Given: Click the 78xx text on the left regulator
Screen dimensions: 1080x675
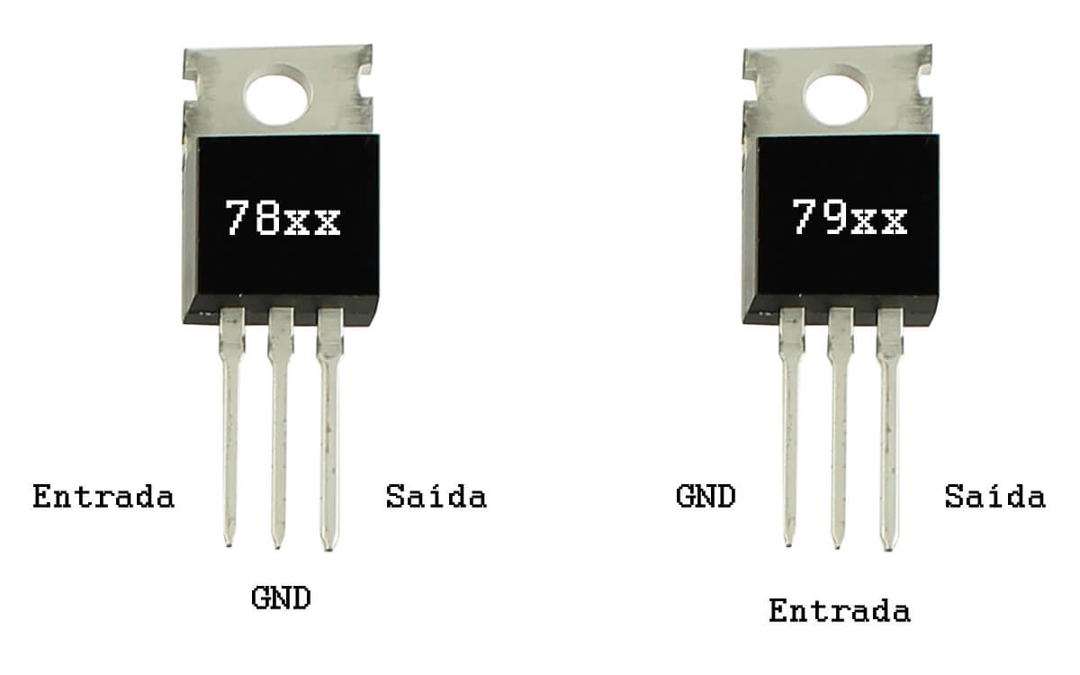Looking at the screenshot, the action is tap(283, 218).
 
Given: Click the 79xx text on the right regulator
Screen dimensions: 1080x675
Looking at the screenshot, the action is tap(849, 218).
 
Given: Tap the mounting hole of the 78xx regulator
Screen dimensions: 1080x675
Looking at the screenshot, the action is tap(277, 95).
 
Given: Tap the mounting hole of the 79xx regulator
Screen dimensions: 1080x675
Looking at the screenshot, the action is tap(838, 95).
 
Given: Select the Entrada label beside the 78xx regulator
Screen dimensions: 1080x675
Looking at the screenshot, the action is tap(103, 497).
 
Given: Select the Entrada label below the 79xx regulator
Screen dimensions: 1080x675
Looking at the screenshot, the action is tap(840, 610).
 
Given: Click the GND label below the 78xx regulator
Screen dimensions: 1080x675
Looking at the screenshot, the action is tap(281, 598).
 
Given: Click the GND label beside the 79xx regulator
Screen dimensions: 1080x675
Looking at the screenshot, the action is tap(706, 496).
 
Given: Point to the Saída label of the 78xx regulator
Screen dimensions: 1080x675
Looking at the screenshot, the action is tap(436, 496).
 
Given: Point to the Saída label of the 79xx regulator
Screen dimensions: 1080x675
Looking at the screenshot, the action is tap(995, 496).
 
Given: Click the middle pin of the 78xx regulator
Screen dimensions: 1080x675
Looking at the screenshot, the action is tap(280, 428).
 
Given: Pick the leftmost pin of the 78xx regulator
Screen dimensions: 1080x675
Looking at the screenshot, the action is tap(230, 427).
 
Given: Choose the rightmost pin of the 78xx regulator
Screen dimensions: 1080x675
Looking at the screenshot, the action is tap(329, 429).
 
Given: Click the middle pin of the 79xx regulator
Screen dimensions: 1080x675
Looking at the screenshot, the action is tap(840, 428).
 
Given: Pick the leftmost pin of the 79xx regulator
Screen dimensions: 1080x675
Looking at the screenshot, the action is tap(791, 427).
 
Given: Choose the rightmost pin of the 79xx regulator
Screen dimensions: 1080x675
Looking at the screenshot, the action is tap(889, 429).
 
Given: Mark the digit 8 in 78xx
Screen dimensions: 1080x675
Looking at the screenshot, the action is tap(267, 218).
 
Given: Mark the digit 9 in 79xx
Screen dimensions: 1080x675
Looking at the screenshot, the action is tap(834, 218).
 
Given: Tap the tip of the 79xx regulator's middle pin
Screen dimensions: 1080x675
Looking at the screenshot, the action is tap(838, 548).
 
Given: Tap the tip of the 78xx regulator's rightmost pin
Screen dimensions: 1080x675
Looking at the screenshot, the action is tap(328, 550).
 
